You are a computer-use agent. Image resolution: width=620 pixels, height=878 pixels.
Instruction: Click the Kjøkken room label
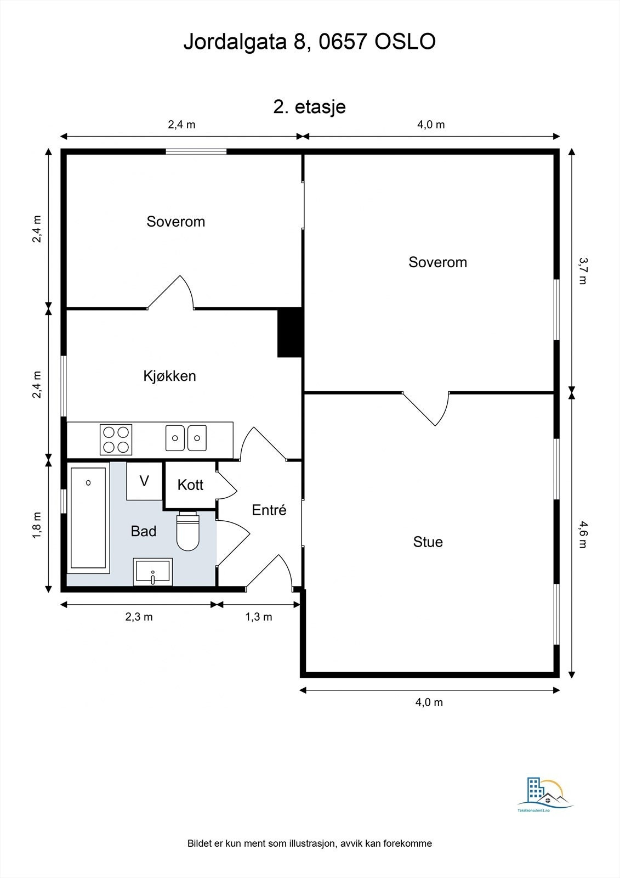(169, 376)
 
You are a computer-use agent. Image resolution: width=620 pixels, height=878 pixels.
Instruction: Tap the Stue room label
(428, 542)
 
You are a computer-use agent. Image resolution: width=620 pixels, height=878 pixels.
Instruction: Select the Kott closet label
(190, 485)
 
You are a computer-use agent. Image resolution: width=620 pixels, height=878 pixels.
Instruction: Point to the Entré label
(269, 510)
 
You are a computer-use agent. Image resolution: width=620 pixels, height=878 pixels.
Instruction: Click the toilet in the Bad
(188, 531)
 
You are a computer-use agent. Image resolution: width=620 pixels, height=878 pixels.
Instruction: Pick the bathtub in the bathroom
(88, 518)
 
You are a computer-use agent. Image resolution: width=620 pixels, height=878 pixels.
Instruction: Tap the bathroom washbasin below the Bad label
(153, 572)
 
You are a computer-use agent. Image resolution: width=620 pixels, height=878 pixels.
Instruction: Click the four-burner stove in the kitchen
(116, 440)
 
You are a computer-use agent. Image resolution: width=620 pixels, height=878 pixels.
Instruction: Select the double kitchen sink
(186, 438)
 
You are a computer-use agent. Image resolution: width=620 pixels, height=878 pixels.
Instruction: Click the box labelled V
(144, 481)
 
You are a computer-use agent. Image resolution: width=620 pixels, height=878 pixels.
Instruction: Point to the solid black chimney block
(290, 333)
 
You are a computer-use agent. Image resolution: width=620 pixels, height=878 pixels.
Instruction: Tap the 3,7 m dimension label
(583, 271)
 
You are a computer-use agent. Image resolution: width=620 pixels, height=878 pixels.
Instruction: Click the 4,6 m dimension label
(583, 534)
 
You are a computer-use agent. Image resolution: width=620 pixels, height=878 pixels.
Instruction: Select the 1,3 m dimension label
(259, 617)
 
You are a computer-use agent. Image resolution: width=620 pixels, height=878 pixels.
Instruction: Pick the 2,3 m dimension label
(139, 617)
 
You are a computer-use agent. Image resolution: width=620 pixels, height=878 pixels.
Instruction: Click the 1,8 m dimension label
(36, 525)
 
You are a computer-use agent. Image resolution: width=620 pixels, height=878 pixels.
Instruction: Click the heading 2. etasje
(309, 106)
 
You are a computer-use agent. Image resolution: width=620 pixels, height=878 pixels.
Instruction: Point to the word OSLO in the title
(405, 42)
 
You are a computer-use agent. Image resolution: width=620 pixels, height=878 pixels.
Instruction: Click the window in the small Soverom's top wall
(196, 151)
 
